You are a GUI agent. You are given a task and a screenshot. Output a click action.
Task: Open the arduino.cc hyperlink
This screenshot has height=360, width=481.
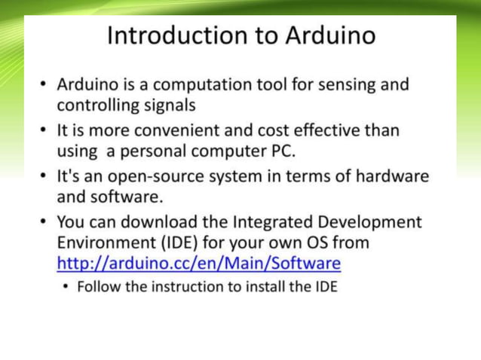pyautogui.click(x=199, y=264)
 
